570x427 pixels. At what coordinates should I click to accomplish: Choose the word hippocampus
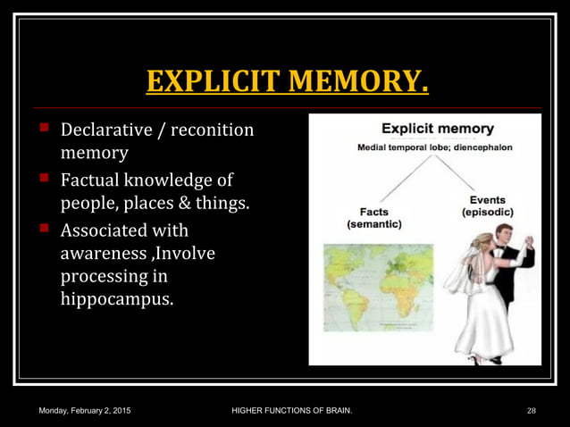(x=116, y=298)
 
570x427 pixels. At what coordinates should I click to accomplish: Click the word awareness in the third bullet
(x=101, y=254)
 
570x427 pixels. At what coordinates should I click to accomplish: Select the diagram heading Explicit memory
(x=425, y=129)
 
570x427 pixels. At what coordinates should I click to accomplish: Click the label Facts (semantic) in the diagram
(x=373, y=219)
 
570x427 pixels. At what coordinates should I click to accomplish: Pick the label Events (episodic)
(x=487, y=206)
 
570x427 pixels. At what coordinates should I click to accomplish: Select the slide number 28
(x=532, y=410)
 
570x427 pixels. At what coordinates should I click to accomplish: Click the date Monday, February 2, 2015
(x=85, y=410)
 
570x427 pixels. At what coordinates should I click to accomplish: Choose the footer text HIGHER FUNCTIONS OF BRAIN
(x=291, y=410)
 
